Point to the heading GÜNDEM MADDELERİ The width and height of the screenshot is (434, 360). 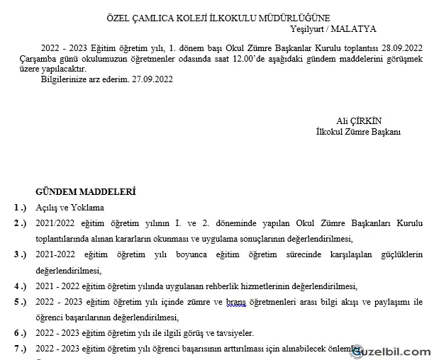(86, 192)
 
